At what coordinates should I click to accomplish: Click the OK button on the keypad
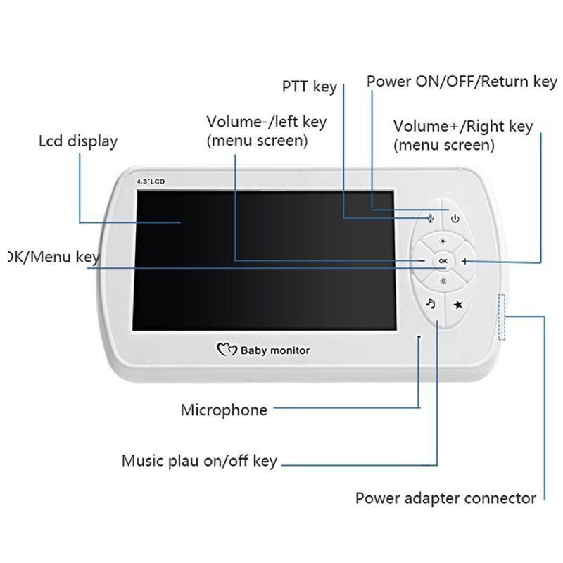click(443, 261)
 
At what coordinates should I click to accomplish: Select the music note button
click(431, 303)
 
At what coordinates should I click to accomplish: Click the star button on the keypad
click(457, 304)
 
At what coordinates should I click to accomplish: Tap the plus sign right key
click(465, 261)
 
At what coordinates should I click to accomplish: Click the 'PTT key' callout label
click(309, 87)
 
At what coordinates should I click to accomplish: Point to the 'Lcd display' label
click(77, 141)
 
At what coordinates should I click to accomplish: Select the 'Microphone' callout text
click(224, 410)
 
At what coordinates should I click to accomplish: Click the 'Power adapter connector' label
click(445, 498)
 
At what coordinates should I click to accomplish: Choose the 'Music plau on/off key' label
click(199, 462)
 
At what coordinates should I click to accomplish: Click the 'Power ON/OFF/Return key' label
click(461, 82)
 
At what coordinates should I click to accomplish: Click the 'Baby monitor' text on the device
click(275, 350)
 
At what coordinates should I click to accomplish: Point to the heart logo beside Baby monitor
click(226, 349)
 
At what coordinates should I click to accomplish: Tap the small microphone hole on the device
click(419, 337)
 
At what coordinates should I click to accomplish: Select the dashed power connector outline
click(502, 317)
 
